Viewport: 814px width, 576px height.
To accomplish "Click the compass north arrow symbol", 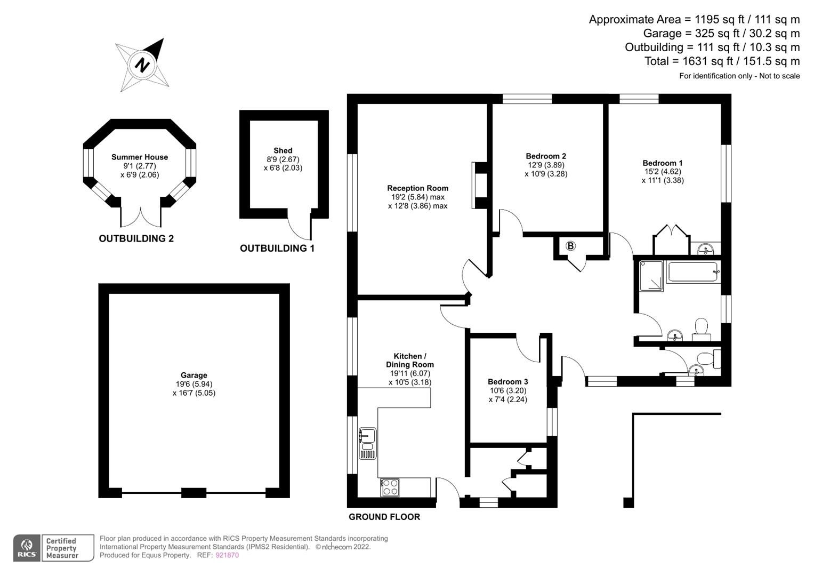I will coord(142,65).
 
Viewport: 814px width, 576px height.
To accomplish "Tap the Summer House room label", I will coord(140,157).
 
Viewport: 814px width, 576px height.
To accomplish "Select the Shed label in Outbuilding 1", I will coord(283,151).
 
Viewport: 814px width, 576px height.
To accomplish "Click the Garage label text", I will coord(194,375).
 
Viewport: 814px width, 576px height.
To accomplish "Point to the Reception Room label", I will coord(417,188).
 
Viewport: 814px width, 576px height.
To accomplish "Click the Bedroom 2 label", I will coord(546,156).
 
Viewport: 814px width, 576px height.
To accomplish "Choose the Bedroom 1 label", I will coord(663,163).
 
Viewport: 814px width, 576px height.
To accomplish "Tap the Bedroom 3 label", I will coord(508,382).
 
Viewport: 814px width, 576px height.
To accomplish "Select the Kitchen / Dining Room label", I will coord(410,361).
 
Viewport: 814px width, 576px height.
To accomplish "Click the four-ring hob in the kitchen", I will coord(390,487).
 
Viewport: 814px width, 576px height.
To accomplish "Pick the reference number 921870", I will coord(227,555).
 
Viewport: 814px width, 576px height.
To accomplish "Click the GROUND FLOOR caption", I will coord(384,517).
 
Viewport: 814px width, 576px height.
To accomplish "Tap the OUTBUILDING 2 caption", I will coord(136,238).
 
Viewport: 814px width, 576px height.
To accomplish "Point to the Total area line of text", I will coord(722,61).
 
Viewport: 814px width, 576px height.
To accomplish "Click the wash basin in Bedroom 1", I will coord(706,249).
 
